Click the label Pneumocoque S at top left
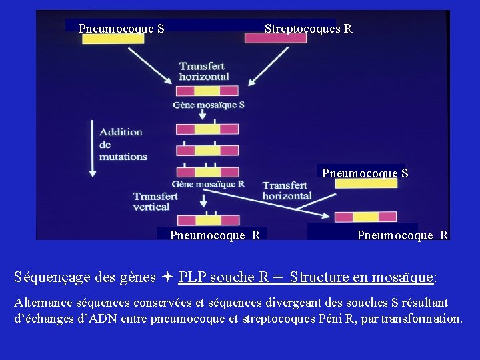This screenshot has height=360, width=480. click(121, 29)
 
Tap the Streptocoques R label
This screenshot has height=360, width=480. click(308, 29)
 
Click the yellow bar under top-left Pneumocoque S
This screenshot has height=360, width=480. click(113, 39)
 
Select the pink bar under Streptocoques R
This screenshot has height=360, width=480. click(275, 39)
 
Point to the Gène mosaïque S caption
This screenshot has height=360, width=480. click(209, 105)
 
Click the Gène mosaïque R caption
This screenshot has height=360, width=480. click(208, 184)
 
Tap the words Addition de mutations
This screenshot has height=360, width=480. click(123, 144)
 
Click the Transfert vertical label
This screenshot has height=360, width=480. click(155, 201)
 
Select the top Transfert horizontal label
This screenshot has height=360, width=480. click(204, 71)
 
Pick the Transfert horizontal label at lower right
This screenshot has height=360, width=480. click(287, 190)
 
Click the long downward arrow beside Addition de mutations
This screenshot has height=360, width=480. click(93, 148)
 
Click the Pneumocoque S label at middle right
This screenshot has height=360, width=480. click(365, 173)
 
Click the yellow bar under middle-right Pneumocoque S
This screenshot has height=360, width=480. click(366, 183)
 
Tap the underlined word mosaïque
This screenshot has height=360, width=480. click(401, 277)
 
